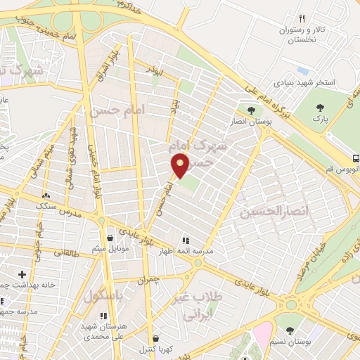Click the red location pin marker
(x=180, y=165)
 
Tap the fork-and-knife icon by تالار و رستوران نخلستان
(x=302, y=19)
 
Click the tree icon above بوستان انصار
(x=251, y=109)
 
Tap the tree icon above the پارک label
(x=321, y=108)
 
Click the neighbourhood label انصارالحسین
(x=264, y=210)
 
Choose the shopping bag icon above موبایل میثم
(x=108, y=238)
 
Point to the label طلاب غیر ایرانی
(x=202, y=307)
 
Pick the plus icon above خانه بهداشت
(x=22, y=274)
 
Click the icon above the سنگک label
(x=46, y=196)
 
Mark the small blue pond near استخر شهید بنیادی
(x=304, y=71)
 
